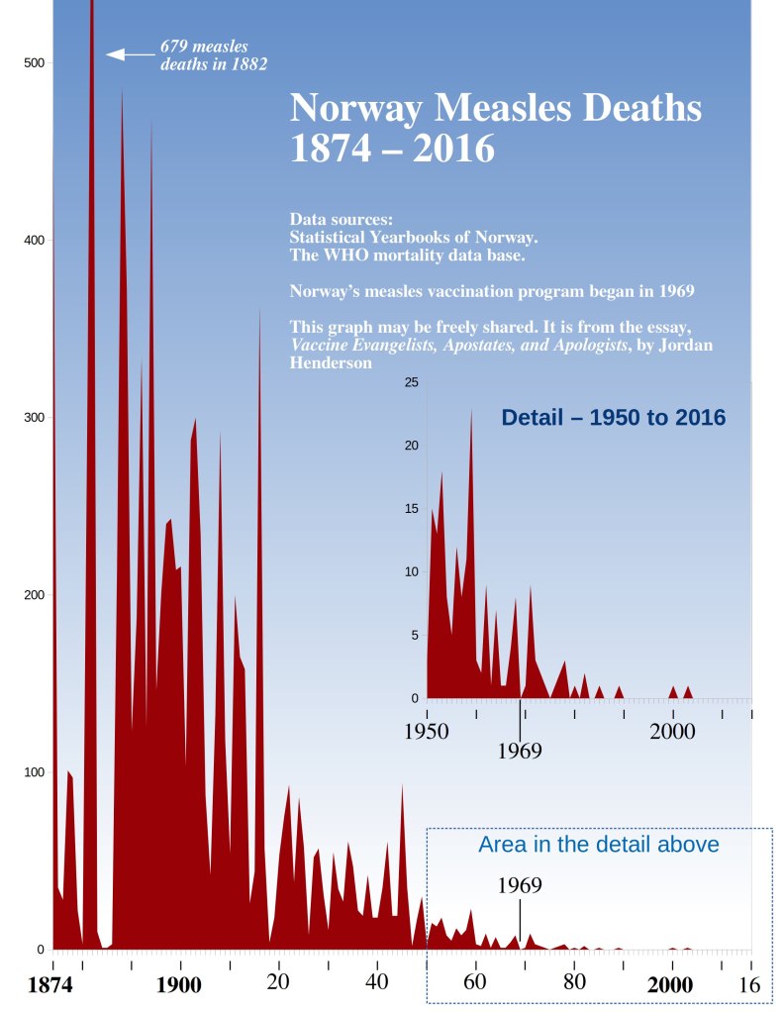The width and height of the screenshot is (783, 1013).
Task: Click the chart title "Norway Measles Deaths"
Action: pos(496,108)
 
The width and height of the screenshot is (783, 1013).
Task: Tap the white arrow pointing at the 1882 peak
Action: pos(130,54)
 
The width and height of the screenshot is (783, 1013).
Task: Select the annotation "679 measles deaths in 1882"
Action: pos(213,55)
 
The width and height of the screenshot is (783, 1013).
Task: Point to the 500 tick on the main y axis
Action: pos(34,62)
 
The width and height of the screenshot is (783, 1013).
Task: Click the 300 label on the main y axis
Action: pos(34,418)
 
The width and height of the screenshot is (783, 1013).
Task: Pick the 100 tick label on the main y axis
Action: pos(34,772)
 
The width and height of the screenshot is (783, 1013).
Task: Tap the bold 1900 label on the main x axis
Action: pos(178,985)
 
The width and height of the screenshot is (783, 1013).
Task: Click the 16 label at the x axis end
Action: pos(749,985)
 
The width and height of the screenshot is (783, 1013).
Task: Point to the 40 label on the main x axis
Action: pos(377,983)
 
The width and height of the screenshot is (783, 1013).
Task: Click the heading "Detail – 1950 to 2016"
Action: pos(614,418)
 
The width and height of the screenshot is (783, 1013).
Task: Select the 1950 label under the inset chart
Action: pos(427,733)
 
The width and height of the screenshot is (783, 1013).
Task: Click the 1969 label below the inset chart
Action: pos(519,751)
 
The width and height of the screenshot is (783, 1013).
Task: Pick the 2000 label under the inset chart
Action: pos(672,733)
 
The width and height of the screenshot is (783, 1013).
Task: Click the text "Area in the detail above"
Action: pos(598,845)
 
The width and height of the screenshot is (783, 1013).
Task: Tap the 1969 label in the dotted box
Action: pos(519,885)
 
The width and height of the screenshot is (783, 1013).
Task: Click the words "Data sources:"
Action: pos(341,218)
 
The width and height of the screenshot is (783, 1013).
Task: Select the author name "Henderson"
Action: pos(331,363)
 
